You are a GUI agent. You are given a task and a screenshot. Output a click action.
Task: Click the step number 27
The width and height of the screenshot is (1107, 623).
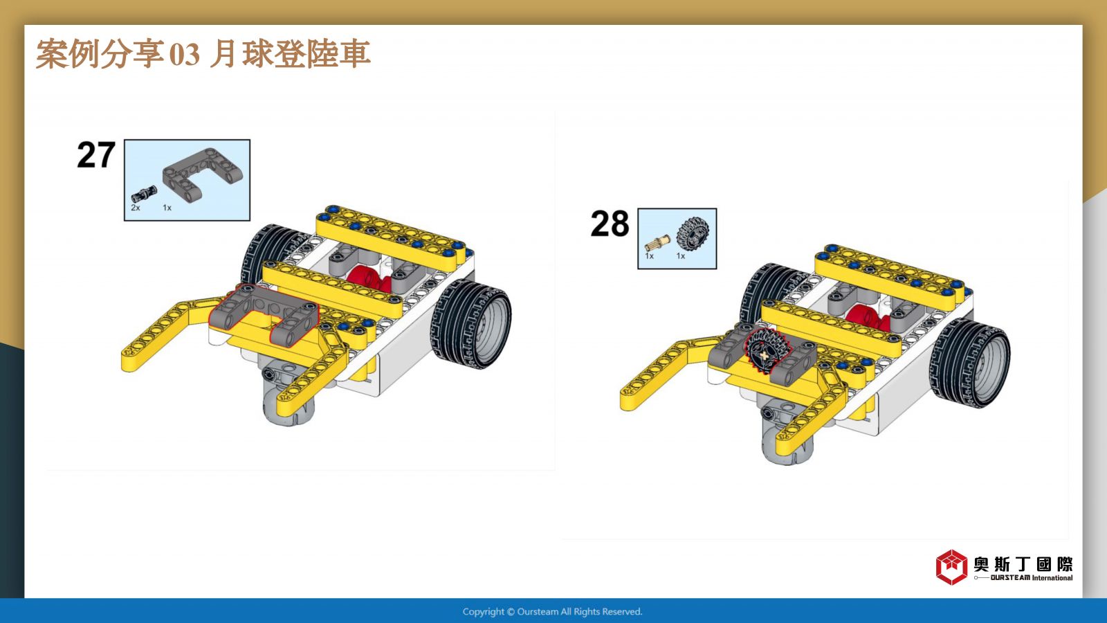coord(96,155)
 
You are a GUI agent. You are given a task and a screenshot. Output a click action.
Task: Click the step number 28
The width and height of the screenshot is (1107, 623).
coord(610,224)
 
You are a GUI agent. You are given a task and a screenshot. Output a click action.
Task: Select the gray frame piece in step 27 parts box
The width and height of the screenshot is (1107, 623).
coord(203,174)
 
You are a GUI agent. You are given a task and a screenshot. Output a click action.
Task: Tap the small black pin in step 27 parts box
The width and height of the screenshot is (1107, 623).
coord(145,193)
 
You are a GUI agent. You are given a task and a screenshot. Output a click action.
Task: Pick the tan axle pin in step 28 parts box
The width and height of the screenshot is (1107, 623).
coord(657,243)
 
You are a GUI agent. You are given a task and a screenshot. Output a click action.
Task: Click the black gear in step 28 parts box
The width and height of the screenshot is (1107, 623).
coord(693,234)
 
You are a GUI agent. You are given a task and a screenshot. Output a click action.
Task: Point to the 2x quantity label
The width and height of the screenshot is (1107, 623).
coord(136,208)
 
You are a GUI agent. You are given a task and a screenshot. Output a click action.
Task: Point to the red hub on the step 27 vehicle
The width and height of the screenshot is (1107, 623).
coord(368,278)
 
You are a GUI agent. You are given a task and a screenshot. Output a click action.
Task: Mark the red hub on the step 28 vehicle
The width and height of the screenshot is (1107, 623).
coord(868,317)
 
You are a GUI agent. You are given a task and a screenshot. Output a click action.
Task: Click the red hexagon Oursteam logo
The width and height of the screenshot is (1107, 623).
coord(951,567)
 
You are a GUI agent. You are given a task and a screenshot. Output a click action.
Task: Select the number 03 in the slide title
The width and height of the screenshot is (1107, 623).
coord(185,55)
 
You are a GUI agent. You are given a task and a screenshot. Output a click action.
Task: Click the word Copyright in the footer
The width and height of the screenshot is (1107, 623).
coord(484,612)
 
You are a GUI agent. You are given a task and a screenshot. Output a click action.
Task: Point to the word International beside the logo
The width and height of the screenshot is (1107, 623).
coord(1052,578)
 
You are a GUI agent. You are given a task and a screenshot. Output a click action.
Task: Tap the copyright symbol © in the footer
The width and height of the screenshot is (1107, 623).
coord(511,612)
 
